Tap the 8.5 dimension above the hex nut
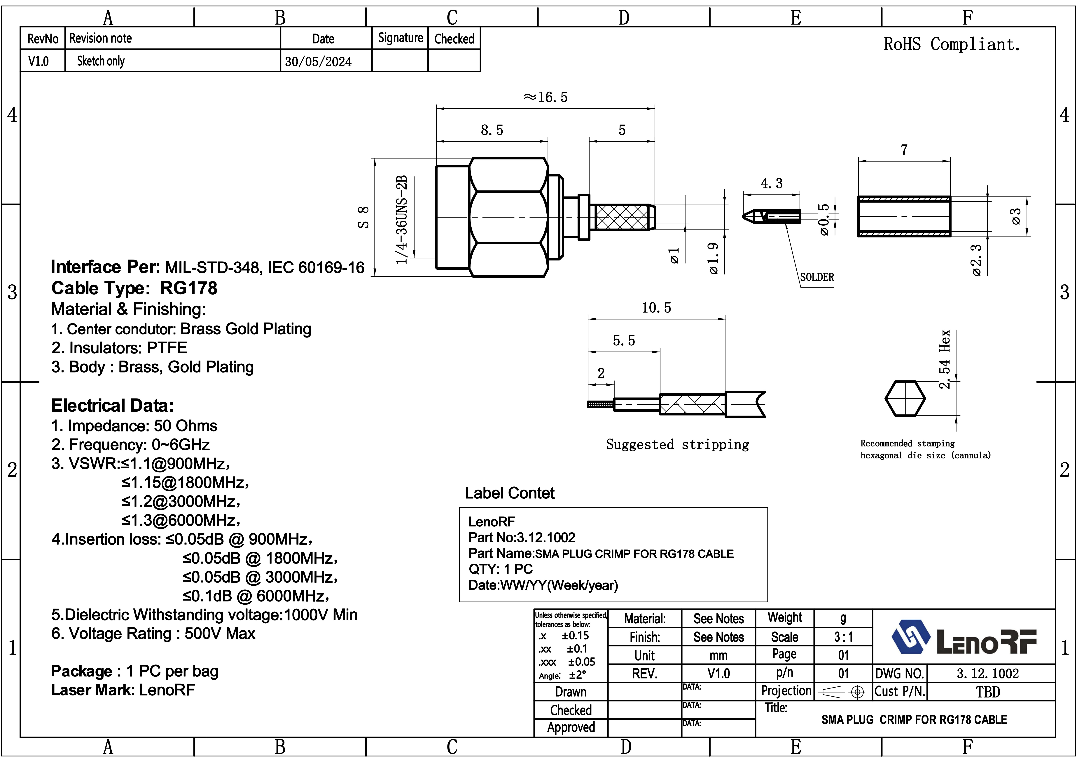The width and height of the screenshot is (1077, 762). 492,130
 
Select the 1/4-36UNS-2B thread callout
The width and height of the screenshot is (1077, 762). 402,220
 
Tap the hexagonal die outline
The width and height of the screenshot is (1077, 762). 905,398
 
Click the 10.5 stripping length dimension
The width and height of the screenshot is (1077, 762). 656,308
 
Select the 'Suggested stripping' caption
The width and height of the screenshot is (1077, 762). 677,444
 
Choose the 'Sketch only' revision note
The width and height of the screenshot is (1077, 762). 101,61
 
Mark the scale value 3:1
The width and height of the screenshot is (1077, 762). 843,637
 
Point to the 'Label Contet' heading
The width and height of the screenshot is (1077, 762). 509,493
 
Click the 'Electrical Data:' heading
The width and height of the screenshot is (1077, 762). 112,405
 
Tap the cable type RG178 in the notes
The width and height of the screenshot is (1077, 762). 189,288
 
